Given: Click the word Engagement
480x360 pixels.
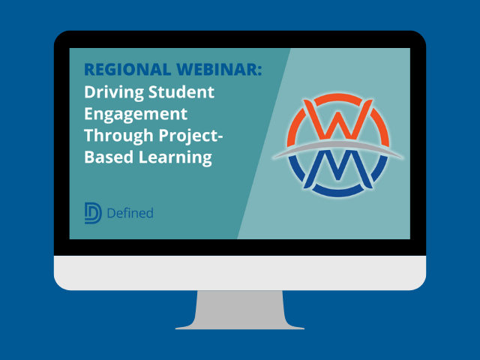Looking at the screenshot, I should pyautogui.click(x=136, y=115).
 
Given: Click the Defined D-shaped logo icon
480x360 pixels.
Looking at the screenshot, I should pyautogui.click(x=93, y=213).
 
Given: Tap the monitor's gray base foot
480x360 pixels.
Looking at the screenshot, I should pyautogui.click(x=240, y=326).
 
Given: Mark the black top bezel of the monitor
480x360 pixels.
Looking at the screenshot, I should pyautogui.click(x=240, y=39).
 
